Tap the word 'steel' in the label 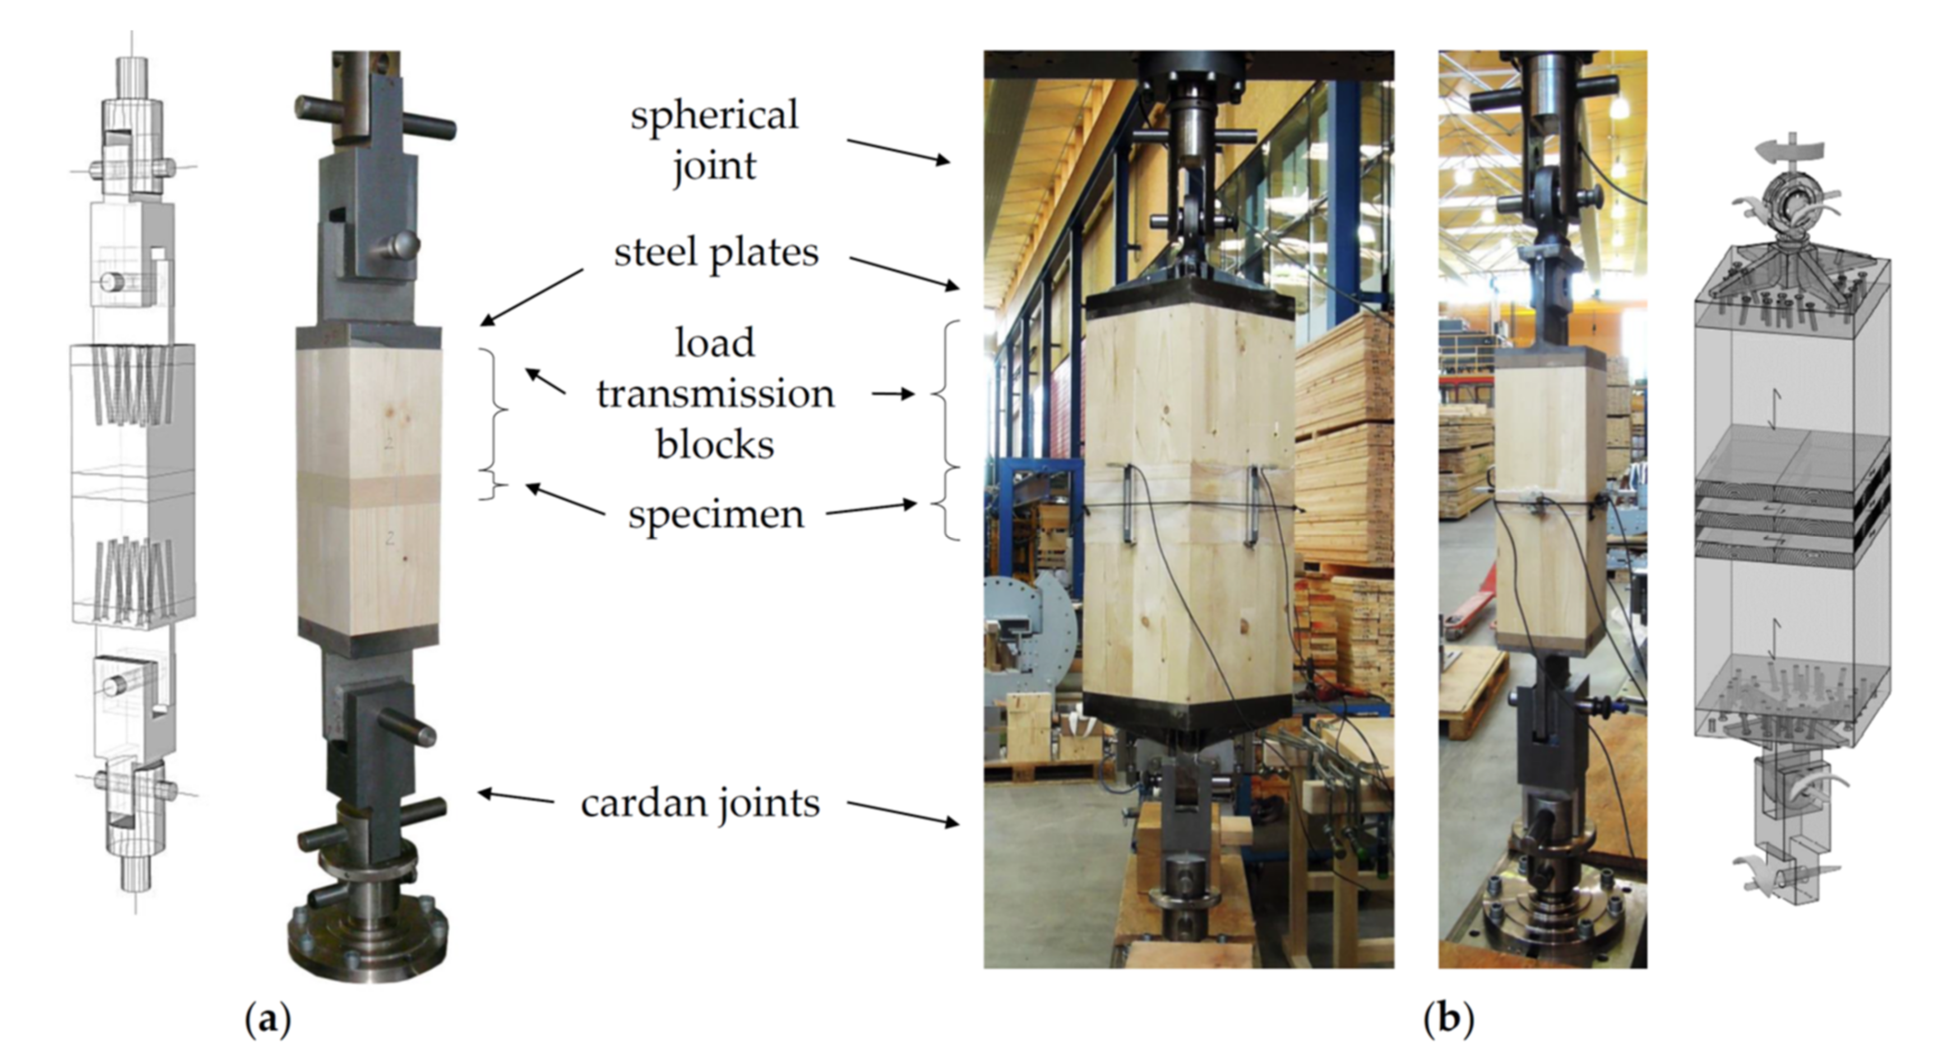652,253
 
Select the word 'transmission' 715,394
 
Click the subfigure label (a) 267,1020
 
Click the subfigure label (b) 1448,1019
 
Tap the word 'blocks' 715,445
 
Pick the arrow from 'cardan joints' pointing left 516,797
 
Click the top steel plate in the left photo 369,337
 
